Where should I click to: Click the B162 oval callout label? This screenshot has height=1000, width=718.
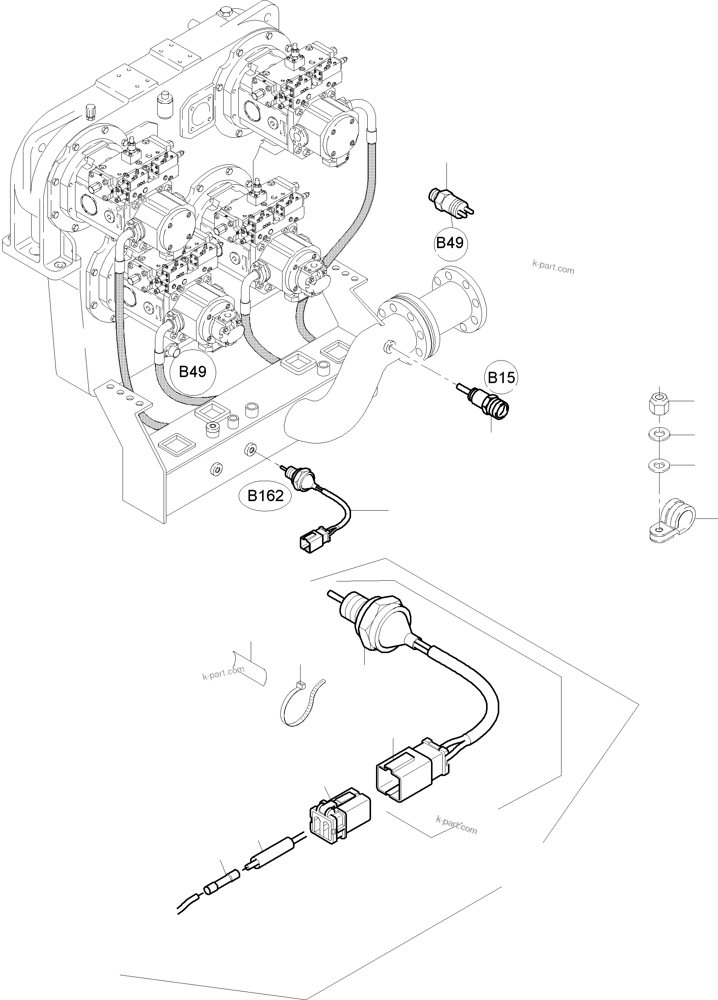[x=265, y=496]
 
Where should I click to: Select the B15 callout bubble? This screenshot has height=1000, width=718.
[x=502, y=377]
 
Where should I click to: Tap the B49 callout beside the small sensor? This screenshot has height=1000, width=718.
[x=450, y=242]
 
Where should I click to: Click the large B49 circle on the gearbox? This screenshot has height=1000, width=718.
[x=193, y=372]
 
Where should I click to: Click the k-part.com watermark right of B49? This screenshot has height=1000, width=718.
[x=553, y=267]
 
